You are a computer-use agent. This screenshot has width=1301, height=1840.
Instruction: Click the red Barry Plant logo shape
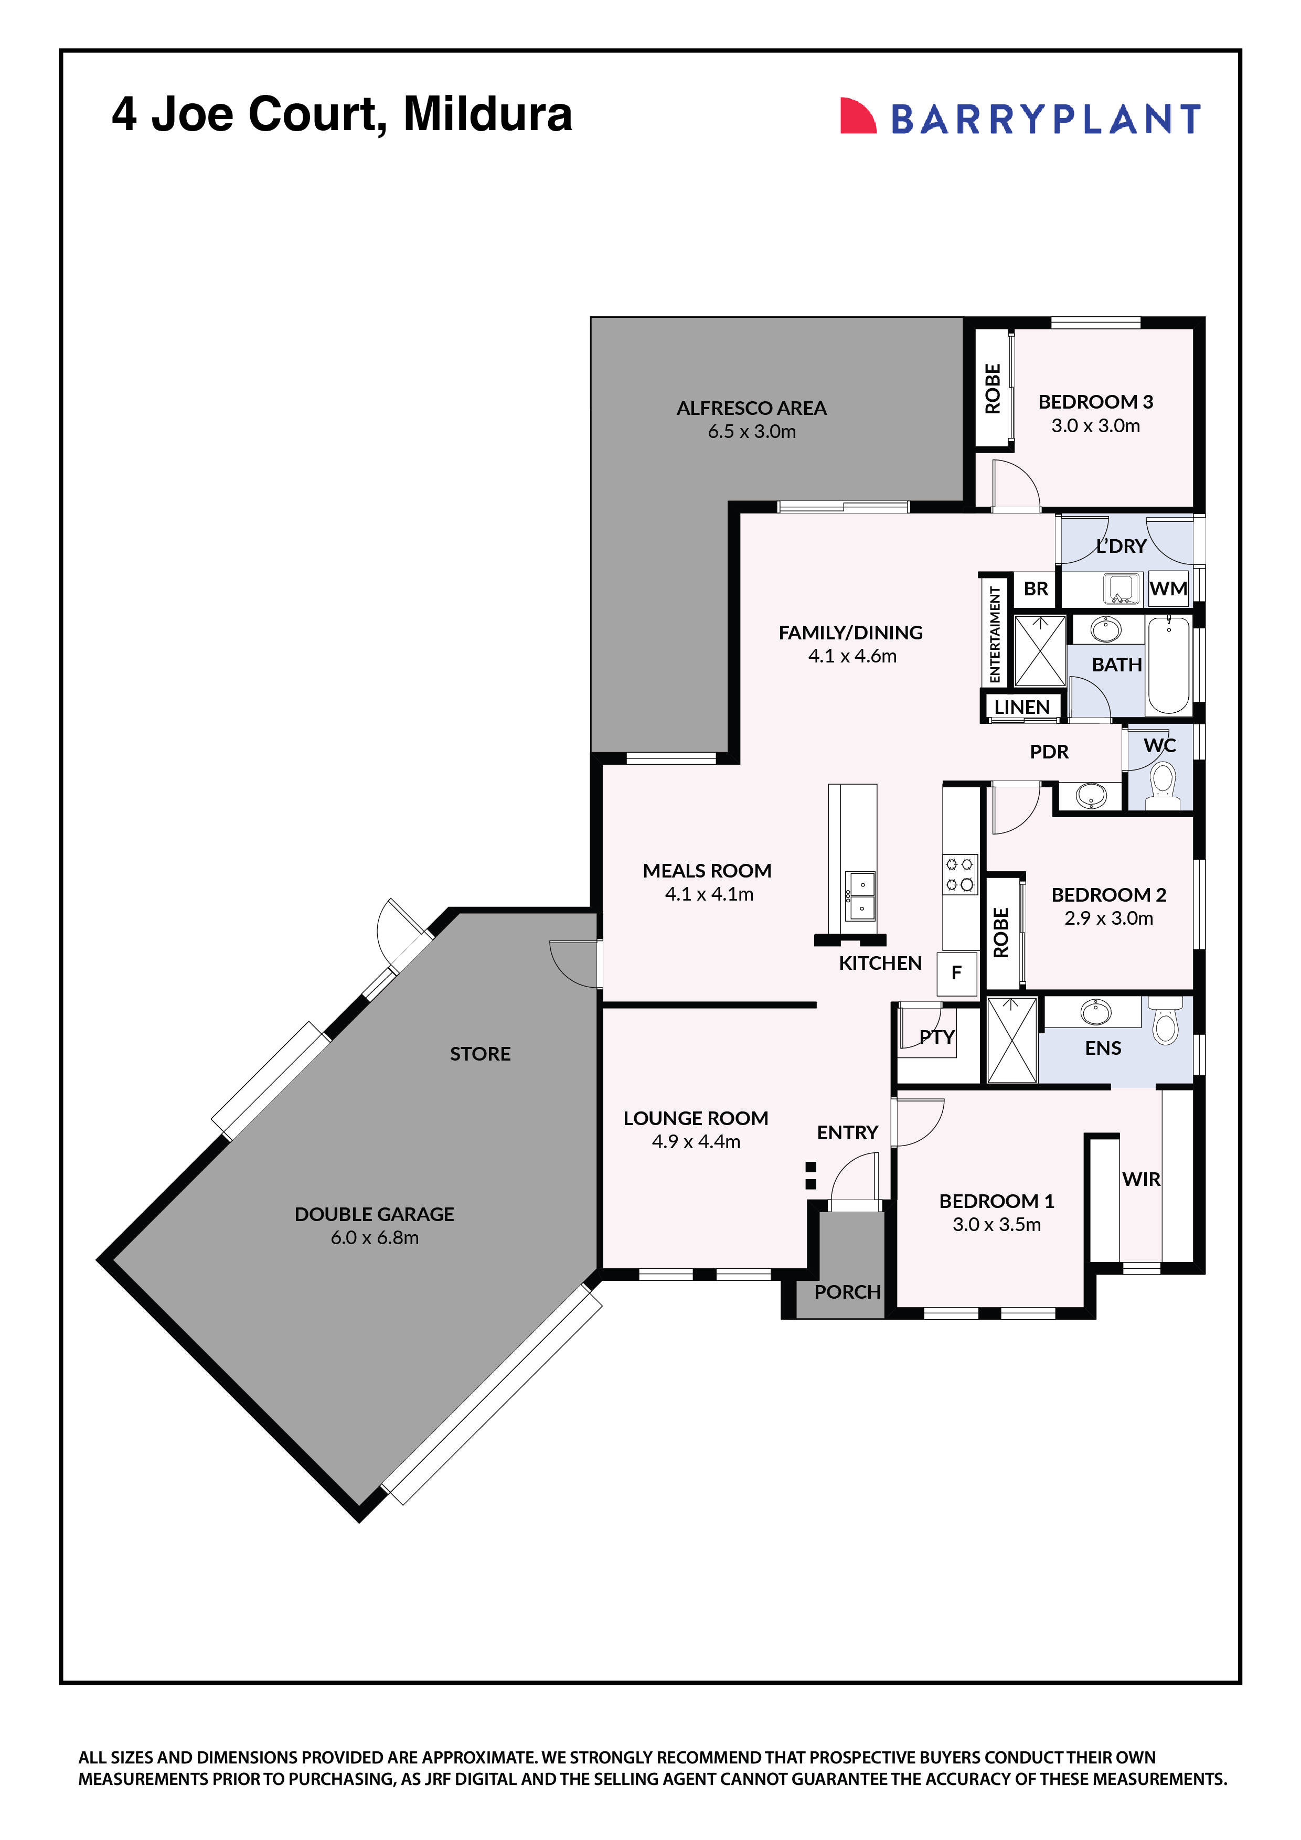856,116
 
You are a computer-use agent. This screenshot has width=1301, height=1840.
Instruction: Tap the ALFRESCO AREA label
751,408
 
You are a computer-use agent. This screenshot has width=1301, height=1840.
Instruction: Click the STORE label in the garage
479,1054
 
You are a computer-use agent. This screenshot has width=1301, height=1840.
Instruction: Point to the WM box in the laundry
1167,589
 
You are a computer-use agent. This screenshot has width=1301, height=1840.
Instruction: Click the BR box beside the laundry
1035,589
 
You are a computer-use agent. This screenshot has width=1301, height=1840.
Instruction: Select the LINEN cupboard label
1021,707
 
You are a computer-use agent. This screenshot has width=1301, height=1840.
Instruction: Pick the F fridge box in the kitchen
956,973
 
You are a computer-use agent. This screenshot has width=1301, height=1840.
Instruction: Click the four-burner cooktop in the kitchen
959,874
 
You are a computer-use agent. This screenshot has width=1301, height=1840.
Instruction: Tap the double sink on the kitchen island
861,896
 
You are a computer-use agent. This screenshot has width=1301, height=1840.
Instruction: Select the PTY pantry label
936,1037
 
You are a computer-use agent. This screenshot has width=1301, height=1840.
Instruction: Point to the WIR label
1140,1179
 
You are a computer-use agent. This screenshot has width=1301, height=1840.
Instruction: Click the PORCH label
847,1292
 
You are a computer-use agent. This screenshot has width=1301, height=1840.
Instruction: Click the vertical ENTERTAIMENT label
995,634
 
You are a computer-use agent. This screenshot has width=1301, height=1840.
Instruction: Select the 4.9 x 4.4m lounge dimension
696,1141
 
